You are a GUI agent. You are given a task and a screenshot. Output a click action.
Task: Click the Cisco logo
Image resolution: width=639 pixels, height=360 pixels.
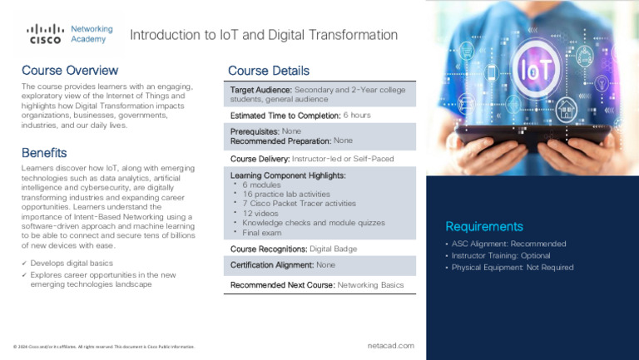tap(45, 34)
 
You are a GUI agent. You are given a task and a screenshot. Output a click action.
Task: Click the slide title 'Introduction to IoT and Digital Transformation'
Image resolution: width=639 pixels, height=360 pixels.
tap(264, 35)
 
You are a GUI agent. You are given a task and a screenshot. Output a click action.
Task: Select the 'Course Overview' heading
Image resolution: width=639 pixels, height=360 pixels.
tap(69, 71)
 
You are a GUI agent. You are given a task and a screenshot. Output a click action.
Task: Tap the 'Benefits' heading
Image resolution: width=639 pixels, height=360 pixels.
tap(44, 153)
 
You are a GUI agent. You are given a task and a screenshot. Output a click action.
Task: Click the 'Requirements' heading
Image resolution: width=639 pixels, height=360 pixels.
tap(483, 226)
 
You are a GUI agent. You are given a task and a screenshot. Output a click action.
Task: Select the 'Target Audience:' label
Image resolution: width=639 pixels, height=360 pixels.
tap(260, 89)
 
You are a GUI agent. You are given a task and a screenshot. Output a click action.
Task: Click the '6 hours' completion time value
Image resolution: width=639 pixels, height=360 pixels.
tap(357, 116)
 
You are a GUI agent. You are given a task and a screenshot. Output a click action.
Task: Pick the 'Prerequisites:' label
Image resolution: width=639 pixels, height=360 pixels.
tap(255, 131)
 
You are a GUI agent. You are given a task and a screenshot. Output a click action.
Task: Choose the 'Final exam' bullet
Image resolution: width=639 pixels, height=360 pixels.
tap(262, 233)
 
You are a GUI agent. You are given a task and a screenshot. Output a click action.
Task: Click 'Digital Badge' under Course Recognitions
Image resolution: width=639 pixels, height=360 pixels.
tap(335, 249)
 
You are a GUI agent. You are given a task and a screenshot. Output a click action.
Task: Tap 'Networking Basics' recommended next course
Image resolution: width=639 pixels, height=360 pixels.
tap(370, 285)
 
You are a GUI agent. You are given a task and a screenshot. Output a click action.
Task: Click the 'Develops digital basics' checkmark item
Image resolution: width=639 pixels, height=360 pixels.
tap(74, 263)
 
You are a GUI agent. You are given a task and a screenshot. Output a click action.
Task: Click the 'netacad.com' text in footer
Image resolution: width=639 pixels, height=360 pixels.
tap(390, 345)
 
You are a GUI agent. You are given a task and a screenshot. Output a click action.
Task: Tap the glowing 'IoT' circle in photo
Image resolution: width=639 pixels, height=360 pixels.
tap(532, 69)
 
